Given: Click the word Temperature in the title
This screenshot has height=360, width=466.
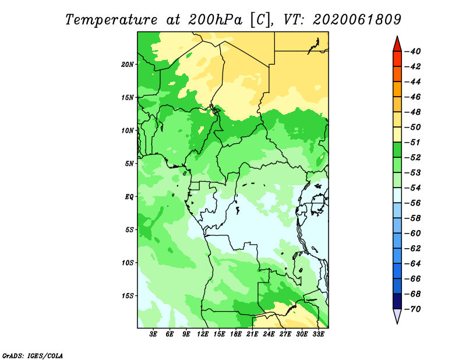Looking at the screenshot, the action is click(111, 20).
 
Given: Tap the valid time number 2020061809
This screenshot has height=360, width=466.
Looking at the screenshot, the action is click(357, 20).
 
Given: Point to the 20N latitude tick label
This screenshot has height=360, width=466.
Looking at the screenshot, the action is click(128, 64).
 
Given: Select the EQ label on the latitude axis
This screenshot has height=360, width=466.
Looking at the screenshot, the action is click(129, 197).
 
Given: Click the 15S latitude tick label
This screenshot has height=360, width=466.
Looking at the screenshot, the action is click(128, 296).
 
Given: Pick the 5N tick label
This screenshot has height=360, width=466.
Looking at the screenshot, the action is click(129, 164).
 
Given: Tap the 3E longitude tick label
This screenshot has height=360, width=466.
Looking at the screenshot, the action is click(153, 334).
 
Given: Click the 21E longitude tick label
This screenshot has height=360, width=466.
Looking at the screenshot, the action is click(252, 334).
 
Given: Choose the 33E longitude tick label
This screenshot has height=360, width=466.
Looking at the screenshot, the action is click(318, 334).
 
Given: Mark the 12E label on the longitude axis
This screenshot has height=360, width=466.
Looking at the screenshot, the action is click(203, 334).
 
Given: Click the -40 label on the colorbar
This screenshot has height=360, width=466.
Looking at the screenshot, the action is click(413, 51).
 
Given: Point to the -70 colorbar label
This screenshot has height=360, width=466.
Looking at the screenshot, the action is click(413, 309).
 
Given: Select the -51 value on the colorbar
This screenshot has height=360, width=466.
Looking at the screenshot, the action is click(413, 142).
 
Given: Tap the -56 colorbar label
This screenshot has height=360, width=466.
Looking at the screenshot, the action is click(413, 203).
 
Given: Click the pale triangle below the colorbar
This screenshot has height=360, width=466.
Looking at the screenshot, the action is click(397, 315).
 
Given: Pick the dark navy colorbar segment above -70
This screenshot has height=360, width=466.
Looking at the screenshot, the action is click(397, 301).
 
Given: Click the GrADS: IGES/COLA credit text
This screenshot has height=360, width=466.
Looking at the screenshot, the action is click(33, 355).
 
